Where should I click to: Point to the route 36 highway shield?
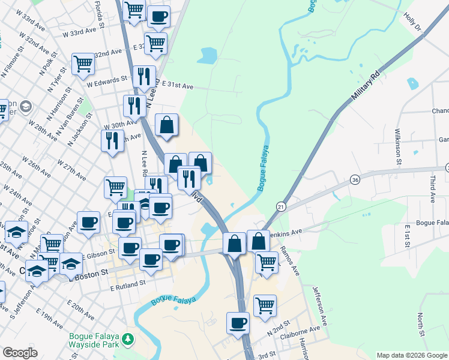[x=356, y=179]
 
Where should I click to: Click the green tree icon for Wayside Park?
[x=127, y=340]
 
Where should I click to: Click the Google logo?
[x=20, y=353]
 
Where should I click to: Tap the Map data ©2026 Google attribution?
[x=412, y=355]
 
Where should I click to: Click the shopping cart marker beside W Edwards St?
[x=83, y=64]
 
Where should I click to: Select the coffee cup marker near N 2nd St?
[x=238, y=323]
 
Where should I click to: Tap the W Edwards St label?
[x=107, y=79]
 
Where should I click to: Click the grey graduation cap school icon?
[x=25, y=107]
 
